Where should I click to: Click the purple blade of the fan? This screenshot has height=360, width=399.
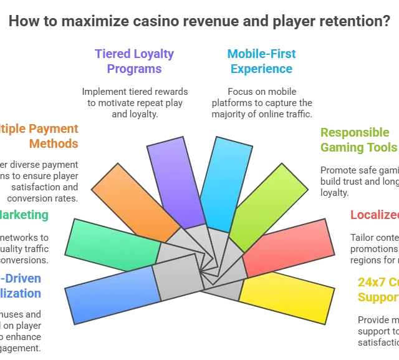pos(176,181)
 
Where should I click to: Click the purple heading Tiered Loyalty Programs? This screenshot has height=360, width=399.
pos(134,61)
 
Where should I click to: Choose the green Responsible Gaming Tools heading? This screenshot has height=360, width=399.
pos(358,140)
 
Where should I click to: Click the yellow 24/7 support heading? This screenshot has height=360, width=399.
pos(378,289)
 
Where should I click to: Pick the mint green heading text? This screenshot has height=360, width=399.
pos(24,215)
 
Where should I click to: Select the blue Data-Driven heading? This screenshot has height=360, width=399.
pos(21,286)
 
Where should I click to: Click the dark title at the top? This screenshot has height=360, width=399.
pos(199,22)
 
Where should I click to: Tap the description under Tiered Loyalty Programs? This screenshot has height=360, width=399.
pos(134,100)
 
